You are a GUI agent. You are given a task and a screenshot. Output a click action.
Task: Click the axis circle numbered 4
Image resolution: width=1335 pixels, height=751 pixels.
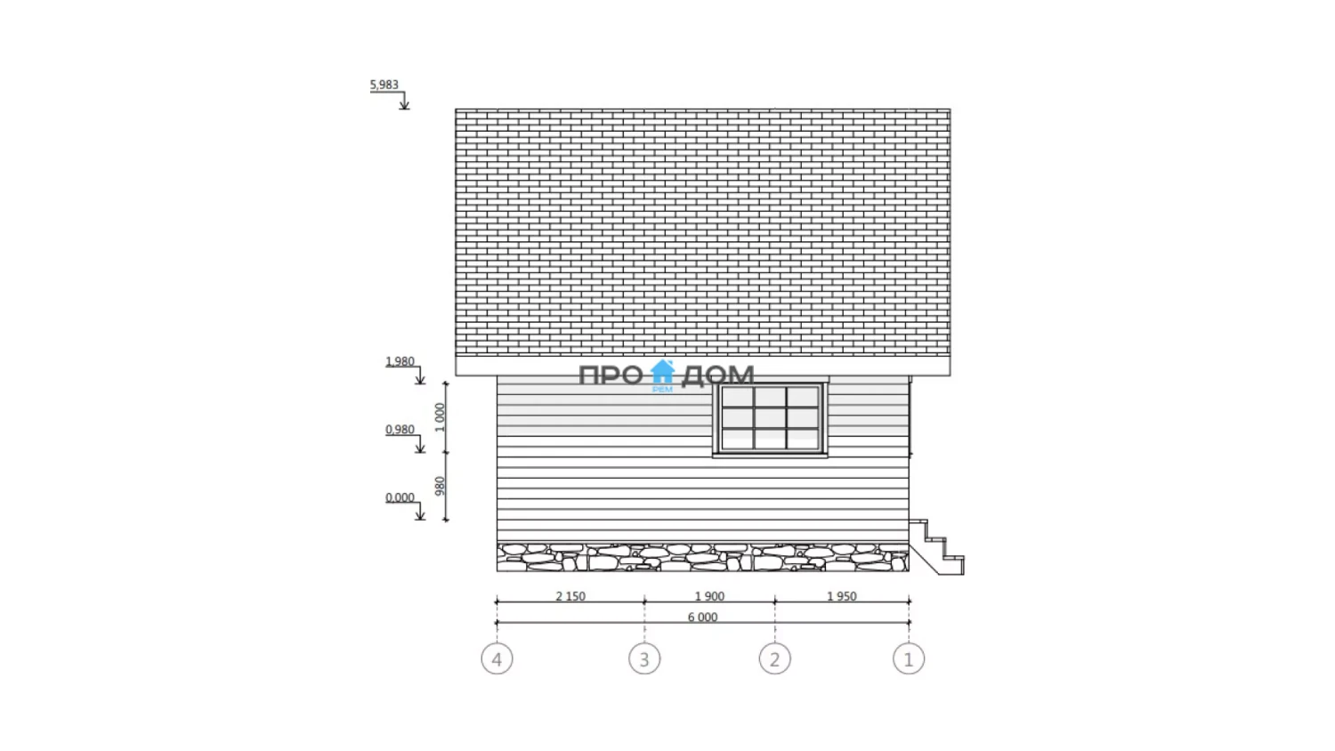click(497, 658)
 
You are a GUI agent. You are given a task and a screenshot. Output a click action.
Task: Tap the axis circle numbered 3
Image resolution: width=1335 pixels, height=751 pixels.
click(644, 658)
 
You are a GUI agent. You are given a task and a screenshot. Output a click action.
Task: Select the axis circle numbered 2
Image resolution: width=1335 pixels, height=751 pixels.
click(775, 658)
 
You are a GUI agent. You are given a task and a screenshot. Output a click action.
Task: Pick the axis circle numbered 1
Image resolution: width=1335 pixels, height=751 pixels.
click(909, 658)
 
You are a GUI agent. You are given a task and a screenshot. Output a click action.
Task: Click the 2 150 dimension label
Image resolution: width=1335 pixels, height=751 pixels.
click(570, 596)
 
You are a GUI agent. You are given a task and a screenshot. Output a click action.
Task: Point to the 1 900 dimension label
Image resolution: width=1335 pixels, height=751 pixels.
click(710, 596)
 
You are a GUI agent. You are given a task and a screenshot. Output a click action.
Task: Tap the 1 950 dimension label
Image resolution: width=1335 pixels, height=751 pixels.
click(842, 596)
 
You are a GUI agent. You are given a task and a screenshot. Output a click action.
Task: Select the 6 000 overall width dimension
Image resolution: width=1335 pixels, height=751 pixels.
click(703, 617)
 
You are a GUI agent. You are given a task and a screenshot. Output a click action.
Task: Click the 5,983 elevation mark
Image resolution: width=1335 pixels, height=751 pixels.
click(384, 85)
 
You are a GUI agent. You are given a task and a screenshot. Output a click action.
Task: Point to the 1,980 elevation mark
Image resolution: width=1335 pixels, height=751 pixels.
click(400, 361)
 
